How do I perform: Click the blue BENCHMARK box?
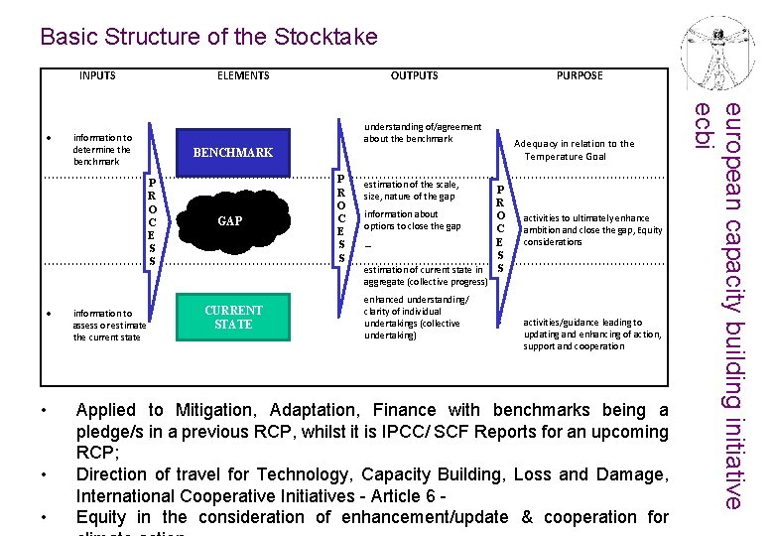(x=232, y=153)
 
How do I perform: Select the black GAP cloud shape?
(x=229, y=221)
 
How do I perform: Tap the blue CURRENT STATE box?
(x=233, y=318)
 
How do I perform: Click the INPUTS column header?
(x=97, y=75)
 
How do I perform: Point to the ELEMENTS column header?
(x=243, y=75)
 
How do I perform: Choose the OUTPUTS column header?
(x=414, y=75)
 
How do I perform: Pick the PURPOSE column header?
(x=580, y=75)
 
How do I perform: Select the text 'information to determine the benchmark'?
(x=102, y=149)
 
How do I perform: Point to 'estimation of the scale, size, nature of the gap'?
(x=411, y=190)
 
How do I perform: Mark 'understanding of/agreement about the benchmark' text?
(x=423, y=132)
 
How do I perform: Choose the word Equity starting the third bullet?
(x=102, y=517)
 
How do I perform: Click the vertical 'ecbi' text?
(x=703, y=127)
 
